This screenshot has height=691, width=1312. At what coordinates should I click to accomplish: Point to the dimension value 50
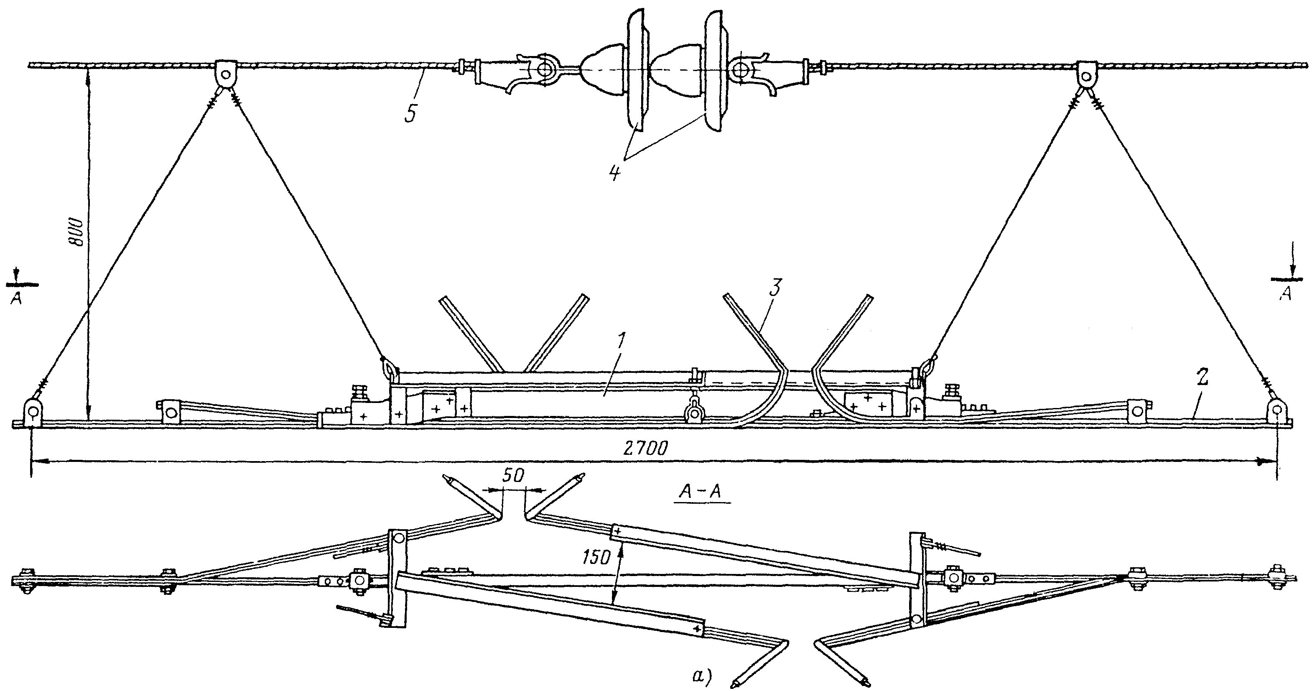(513, 477)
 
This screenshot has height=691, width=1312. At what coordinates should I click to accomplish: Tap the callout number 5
(410, 113)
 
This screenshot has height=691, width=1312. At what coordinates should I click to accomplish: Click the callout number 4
(614, 173)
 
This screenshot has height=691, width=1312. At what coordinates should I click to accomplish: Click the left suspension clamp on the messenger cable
(226, 75)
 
